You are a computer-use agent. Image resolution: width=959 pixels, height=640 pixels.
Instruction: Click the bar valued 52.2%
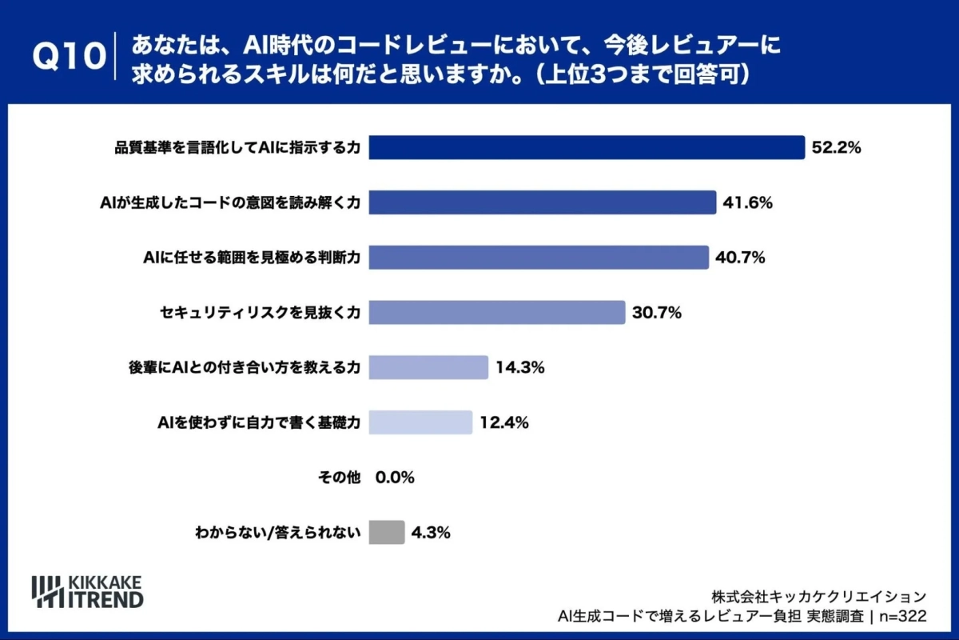point(587,148)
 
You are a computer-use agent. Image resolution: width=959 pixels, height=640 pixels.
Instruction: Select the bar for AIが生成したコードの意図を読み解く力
point(542,202)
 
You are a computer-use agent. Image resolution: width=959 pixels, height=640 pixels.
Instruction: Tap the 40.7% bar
point(539,258)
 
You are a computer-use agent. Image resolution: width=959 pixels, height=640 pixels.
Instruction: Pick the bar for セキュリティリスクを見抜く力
point(496,313)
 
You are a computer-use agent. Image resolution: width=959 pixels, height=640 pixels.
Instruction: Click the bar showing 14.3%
point(428,367)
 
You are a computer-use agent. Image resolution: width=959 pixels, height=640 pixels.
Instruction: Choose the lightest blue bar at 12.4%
point(420,422)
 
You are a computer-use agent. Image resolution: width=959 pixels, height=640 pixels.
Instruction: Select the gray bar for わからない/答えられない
point(387,532)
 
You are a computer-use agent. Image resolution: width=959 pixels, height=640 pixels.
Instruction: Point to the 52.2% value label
point(836,148)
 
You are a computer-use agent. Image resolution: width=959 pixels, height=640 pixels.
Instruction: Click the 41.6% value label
point(747,202)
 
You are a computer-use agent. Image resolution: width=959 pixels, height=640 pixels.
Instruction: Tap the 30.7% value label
point(656,313)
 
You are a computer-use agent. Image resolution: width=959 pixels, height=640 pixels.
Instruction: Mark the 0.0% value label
point(395,478)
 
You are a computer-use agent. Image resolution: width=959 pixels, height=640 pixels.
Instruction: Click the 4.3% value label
point(432,532)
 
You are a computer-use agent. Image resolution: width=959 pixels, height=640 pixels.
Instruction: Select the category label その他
point(340,478)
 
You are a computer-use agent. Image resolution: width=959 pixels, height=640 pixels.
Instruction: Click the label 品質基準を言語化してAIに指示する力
point(237,148)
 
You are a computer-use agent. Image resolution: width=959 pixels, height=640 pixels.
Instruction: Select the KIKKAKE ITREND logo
point(87,590)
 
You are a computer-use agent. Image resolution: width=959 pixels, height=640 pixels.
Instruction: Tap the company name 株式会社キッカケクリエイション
point(818,596)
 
